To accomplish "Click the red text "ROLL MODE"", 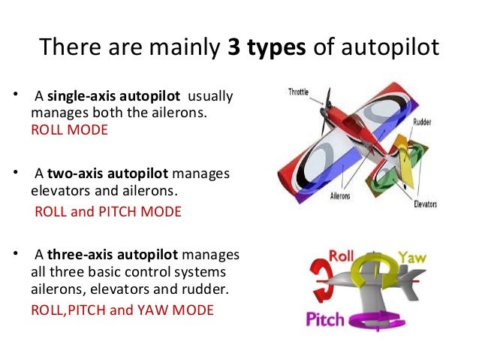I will click(x=69, y=129).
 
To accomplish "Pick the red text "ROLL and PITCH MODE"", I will click(x=108, y=211).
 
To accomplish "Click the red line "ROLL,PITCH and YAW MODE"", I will click(x=122, y=309).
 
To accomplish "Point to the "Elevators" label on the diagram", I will click(x=431, y=203).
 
